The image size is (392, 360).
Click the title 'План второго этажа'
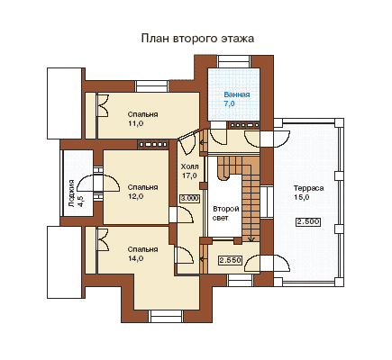[197, 39]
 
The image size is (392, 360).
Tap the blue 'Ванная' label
[237, 94]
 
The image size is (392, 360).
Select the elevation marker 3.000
[189, 198]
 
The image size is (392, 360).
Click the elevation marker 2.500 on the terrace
[308, 222]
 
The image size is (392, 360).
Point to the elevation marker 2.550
[230, 260]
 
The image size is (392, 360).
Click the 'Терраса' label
[308, 188]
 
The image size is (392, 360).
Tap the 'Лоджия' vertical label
[71, 193]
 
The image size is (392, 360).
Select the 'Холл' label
[189, 166]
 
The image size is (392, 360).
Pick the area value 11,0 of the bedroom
[136, 123]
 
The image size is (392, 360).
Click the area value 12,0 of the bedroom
[136, 196]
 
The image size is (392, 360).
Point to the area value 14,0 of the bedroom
[136, 258]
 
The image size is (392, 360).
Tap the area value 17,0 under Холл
[189, 175]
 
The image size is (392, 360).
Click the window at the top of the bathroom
[234, 61]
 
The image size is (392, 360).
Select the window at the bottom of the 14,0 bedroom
[167, 317]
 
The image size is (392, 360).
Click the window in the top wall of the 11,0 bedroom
[151, 86]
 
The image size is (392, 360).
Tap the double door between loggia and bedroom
[98, 183]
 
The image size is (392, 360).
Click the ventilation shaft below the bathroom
[244, 125]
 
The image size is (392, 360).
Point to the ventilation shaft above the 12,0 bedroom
[153, 145]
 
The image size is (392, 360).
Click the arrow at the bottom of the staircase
[251, 238]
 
